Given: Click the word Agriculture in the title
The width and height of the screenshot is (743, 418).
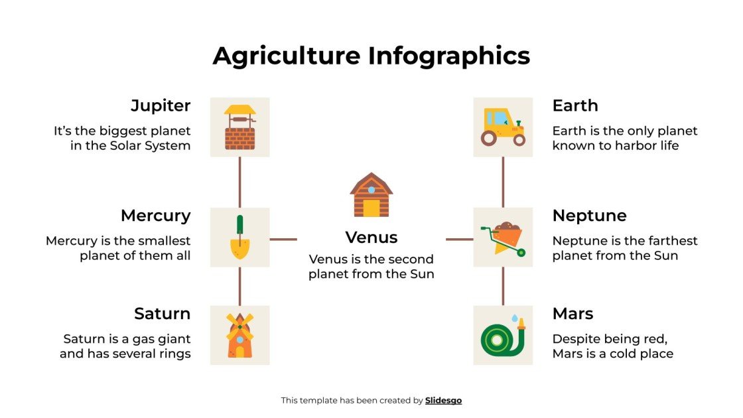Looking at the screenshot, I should click(x=287, y=56).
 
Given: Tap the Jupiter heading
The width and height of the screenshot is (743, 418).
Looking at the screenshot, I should click(x=161, y=105).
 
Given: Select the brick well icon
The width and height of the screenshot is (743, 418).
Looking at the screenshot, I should click(x=239, y=127).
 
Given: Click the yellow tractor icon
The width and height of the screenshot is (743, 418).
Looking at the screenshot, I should click(x=503, y=127).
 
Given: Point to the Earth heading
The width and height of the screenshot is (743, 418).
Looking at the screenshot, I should click(x=575, y=105).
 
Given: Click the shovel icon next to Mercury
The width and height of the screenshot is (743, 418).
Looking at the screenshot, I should click(x=239, y=238).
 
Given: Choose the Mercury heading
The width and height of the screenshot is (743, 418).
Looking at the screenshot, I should click(x=155, y=216).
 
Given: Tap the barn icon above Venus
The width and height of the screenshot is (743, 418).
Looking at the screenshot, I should click(x=371, y=195).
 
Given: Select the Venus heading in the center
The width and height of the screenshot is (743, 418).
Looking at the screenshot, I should click(x=371, y=238).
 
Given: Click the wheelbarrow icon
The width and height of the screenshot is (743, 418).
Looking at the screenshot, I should click(x=503, y=238).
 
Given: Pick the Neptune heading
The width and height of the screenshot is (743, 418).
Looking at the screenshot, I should click(x=589, y=216).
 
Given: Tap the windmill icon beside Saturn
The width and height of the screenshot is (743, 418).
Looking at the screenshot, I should click(x=239, y=335).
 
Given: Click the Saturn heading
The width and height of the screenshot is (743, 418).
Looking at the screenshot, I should click(x=162, y=313).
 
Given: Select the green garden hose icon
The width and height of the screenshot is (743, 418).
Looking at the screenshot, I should click(x=503, y=335).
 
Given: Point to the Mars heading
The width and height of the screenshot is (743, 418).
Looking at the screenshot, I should click(x=573, y=313).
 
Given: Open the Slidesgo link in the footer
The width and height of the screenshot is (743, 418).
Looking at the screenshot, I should click(x=443, y=400).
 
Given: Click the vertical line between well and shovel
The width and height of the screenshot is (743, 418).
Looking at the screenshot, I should click(x=239, y=182).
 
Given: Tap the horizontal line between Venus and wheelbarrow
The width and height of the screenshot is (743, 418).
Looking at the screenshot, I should click(x=459, y=239).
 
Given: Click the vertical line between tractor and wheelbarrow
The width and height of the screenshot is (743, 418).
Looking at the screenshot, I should click(x=503, y=182).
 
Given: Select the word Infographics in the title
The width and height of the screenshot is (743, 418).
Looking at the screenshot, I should click(x=449, y=56).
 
